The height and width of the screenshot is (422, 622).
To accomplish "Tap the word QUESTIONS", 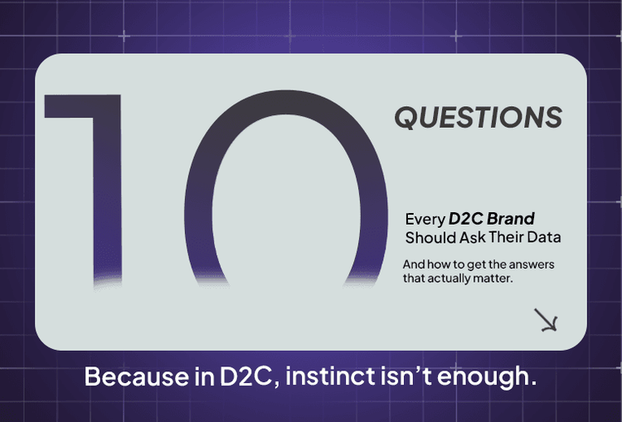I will click(x=478, y=118).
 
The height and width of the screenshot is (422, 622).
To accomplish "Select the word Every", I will click(x=424, y=220).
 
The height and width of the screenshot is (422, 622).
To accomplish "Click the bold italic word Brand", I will click(x=511, y=220).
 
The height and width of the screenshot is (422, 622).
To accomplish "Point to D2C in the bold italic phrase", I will click(x=466, y=220).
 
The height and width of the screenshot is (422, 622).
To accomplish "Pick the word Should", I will click(x=430, y=238).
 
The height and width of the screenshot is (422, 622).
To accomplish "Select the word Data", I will click(x=547, y=238).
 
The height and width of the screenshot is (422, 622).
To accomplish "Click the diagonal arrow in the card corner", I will click(x=546, y=320).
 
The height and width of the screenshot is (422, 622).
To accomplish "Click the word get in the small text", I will click(x=476, y=264).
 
